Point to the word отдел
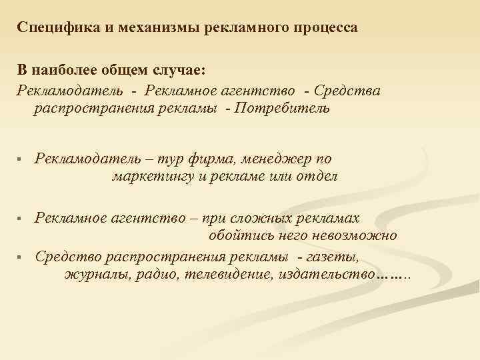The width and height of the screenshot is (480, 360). coord(317,177)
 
